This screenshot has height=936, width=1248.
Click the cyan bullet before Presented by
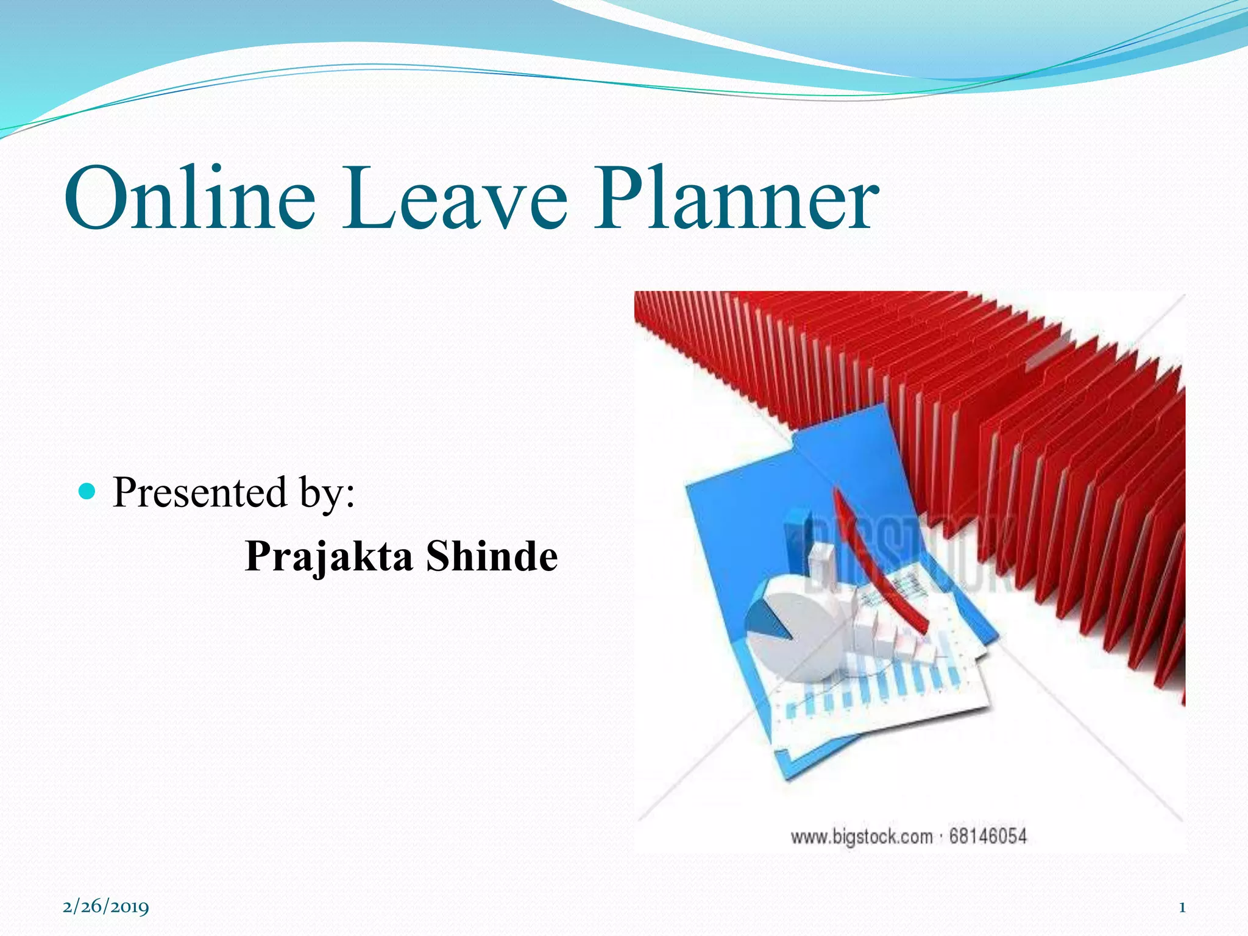pyautogui.click(x=88, y=491)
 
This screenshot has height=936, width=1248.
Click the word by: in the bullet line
pyautogui.click(x=326, y=494)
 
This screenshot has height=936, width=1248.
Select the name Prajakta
pyautogui.click(x=328, y=556)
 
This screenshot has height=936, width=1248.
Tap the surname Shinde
pyautogui.click(x=491, y=556)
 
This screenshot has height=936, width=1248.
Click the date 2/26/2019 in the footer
pyautogui.click(x=106, y=907)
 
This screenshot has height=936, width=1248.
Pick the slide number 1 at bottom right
pyautogui.click(x=1182, y=907)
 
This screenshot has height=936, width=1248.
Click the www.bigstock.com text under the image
pyautogui.click(x=861, y=837)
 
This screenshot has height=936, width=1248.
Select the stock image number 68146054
pyautogui.click(x=988, y=836)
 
